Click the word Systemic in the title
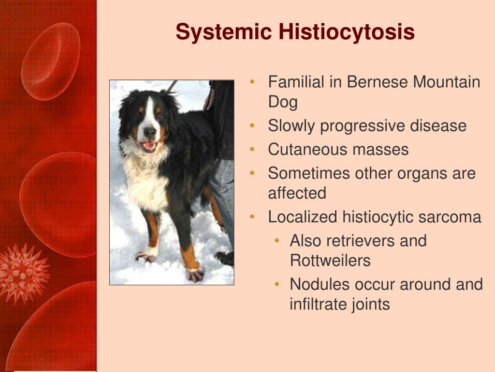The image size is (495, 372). [x=223, y=31]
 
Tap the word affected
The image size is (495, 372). [x=297, y=193]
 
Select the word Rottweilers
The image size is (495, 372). [x=330, y=261]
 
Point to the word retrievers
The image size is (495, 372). [x=358, y=241]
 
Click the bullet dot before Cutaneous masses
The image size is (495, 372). [x=252, y=149]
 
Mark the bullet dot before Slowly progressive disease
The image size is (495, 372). [x=252, y=125]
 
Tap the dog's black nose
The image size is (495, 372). [x=149, y=131]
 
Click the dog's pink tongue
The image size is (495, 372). [x=149, y=145]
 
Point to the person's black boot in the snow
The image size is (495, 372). [x=225, y=258]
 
